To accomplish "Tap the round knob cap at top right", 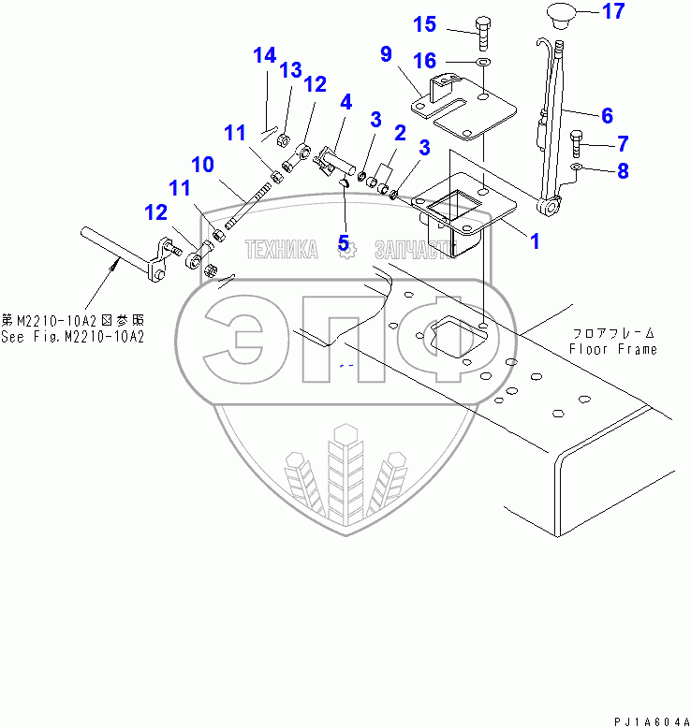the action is (560, 16).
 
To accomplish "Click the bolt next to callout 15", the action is (482, 31).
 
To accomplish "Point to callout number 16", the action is (424, 61).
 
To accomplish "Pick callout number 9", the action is (386, 54).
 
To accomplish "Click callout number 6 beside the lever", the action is (607, 116).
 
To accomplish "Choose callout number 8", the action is (623, 171).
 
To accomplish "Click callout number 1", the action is (535, 241).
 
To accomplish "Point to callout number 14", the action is (265, 55).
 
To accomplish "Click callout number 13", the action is (290, 70).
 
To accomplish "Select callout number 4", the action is (345, 101).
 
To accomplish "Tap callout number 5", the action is (344, 244).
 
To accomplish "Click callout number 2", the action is (399, 133).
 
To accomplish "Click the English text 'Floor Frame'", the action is (612, 349).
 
